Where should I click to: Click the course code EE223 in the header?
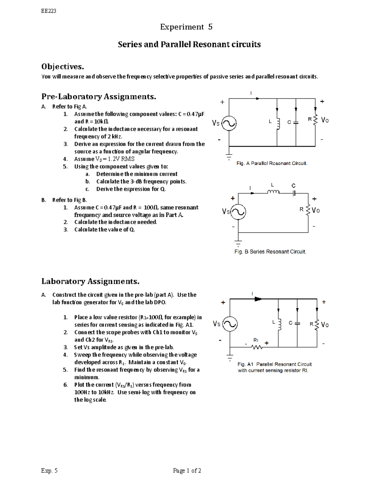coord(49,11)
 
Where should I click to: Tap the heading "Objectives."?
coord(63,67)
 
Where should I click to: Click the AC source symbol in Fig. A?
coord(229,123)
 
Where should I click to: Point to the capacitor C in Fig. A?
coord(296,122)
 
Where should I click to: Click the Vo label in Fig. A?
coord(325,120)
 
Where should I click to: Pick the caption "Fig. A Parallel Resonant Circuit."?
coord(272,163)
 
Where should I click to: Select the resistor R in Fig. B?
coord(309,210)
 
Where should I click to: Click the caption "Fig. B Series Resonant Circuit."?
coord(270,251)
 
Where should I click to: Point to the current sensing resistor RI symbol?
coord(257,347)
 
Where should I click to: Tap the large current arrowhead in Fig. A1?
coord(258,299)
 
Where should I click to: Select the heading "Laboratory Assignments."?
coord(90,281)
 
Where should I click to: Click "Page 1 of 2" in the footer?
coord(187,471)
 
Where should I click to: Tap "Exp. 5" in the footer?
coord(50,471)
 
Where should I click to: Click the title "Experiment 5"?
coord(186,27)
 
